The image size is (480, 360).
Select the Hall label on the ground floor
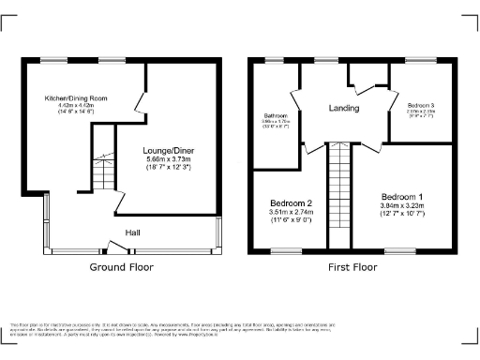pyautogui.click(x=134, y=232)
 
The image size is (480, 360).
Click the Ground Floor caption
pyautogui.click(x=121, y=267)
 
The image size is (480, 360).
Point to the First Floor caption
pyautogui.click(x=352, y=267)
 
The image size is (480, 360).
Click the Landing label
pyautogui.click(x=343, y=109)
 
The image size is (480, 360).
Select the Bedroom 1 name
pyautogui.click(x=400, y=196)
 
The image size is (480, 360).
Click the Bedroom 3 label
pyautogui.click(x=420, y=104)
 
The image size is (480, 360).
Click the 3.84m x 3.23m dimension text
pyautogui.click(x=400, y=205)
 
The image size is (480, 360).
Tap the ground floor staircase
pyautogui.click(x=101, y=174)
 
